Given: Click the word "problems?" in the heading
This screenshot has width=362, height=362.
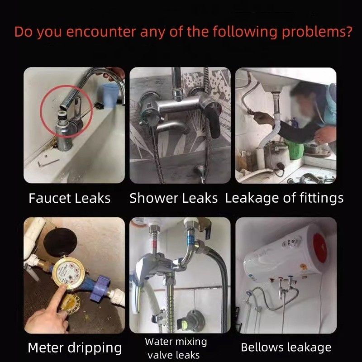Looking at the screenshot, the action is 317,32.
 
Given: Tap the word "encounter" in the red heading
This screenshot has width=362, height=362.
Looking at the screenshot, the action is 101,32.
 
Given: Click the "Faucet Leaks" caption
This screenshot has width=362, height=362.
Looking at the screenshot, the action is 70,198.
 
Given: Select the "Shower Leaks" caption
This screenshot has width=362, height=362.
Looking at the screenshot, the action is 173,198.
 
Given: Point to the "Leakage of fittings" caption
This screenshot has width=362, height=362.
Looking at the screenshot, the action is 285,199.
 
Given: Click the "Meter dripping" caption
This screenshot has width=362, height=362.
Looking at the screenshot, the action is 75,348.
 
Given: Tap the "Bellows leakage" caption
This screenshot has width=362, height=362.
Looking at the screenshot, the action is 286,347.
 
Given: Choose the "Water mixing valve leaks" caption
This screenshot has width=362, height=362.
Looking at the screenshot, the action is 176,348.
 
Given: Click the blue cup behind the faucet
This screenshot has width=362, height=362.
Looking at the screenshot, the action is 110,95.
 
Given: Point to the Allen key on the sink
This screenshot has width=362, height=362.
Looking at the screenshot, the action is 48,163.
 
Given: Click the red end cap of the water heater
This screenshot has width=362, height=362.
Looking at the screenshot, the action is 320,248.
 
